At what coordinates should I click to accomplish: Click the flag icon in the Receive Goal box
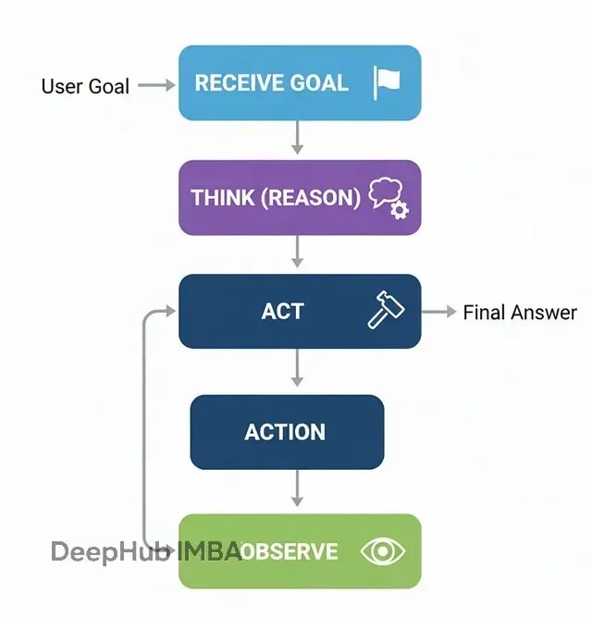[x=386, y=82]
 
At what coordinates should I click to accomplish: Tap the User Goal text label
[x=84, y=86]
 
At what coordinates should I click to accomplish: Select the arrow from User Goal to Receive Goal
[x=155, y=85]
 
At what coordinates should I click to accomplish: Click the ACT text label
[x=282, y=311]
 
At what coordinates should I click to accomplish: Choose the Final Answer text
[x=520, y=313]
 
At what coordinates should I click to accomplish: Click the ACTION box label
[x=285, y=432]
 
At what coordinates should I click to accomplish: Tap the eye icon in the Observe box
[x=383, y=552]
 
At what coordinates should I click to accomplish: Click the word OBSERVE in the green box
[x=290, y=552]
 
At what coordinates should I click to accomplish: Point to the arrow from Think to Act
[x=297, y=251]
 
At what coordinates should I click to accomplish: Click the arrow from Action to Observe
[x=297, y=489]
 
